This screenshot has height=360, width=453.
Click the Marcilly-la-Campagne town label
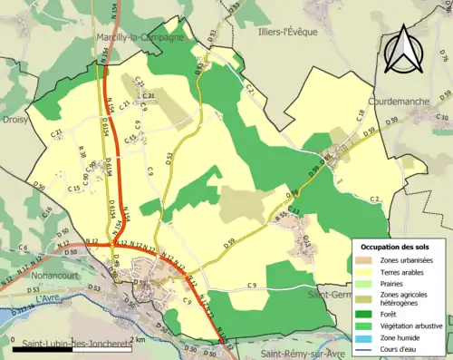140,38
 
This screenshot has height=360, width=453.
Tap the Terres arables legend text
407,271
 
